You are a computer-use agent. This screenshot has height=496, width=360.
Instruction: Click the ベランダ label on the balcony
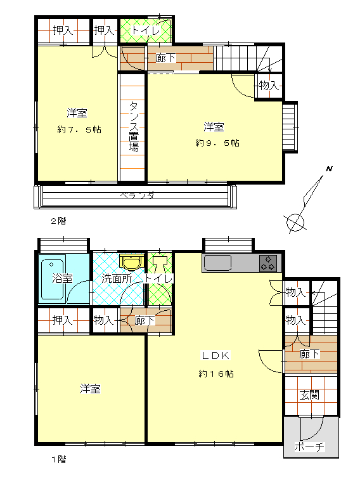(137, 195)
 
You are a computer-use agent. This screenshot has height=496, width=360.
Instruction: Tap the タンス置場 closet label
(134, 126)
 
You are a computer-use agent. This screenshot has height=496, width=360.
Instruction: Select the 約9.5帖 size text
(217, 143)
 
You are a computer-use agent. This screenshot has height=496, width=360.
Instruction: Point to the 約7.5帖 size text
(79, 129)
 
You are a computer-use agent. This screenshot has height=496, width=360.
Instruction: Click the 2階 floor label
(59, 221)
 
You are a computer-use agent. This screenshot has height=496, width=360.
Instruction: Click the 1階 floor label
(59, 459)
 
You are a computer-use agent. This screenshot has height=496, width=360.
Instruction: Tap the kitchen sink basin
(218, 263)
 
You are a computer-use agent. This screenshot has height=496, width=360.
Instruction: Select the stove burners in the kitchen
(268, 263)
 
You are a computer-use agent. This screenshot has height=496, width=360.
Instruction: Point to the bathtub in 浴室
(53, 277)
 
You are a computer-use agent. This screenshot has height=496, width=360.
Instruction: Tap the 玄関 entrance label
(309, 395)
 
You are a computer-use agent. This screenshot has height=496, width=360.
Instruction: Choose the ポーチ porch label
(310, 447)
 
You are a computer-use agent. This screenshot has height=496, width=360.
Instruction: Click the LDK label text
(216, 356)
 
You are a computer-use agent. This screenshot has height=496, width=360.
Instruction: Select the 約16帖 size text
(216, 374)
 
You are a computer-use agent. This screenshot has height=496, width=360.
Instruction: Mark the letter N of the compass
(330, 169)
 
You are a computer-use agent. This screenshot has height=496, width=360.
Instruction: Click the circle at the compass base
(295, 223)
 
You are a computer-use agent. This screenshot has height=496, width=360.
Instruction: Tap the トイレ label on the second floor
(146, 30)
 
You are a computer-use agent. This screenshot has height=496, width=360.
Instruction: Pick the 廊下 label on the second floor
(165, 58)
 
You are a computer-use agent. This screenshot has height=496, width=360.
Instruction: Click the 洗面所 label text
(117, 278)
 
